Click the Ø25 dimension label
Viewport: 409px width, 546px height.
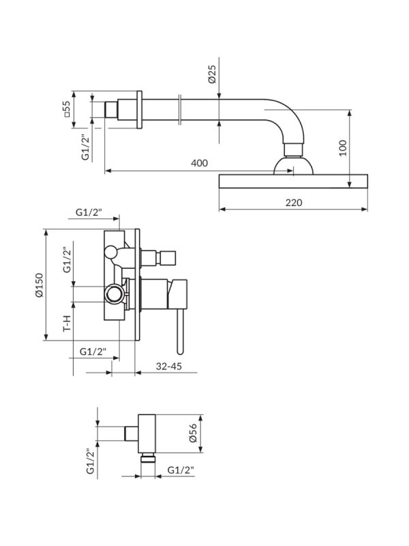pyautogui.click(x=213, y=74)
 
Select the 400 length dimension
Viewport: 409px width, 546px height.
pyautogui.click(x=199, y=162)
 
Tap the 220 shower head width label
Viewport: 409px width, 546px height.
pyautogui.click(x=294, y=202)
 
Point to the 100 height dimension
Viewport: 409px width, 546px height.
pyautogui.click(x=343, y=147)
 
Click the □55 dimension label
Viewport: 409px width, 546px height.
pyautogui.click(x=67, y=109)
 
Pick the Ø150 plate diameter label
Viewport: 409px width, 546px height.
pyautogui.click(x=40, y=285)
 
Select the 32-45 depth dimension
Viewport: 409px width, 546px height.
pyautogui.click(x=169, y=366)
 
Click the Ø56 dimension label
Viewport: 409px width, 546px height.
pyautogui.click(x=194, y=433)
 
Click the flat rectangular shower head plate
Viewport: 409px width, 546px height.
pyautogui.click(x=293, y=182)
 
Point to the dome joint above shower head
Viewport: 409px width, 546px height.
pyautogui.click(x=293, y=166)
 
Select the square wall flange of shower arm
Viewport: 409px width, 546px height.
pyautogui.click(x=139, y=110)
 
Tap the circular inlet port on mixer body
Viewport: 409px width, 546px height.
pyautogui.click(x=115, y=294)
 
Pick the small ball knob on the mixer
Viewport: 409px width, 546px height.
pyautogui.click(x=111, y=252)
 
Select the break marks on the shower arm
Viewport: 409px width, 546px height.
pyautogui.click(x=179, y=110)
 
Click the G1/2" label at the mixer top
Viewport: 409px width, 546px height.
pyautogui.click(x=89, y=212)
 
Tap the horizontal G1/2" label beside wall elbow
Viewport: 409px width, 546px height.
pyautogui.click(x=181, y=470)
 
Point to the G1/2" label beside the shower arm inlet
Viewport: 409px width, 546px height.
pyautogui.click(x=86, y=147)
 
